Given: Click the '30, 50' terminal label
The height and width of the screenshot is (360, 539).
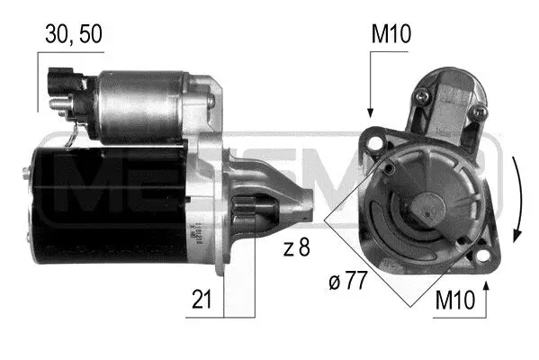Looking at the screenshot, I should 75,33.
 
